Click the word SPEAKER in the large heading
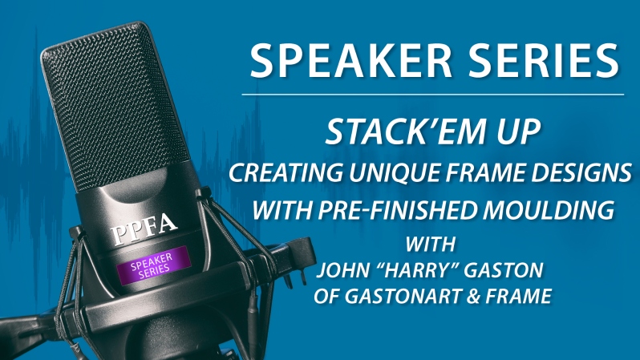tap(351, 60)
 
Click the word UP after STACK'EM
tap(519, 131)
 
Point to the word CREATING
tap(286, 172)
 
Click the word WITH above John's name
tap(431, 244)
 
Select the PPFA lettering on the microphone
tap(144, 229)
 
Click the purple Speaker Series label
tap(153, 265)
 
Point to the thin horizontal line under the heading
tap(432, 95)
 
